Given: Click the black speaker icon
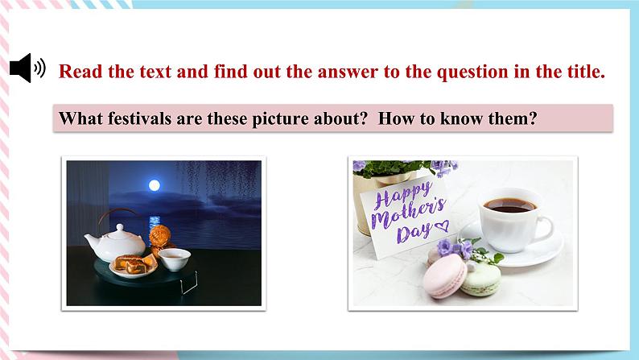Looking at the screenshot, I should coord(27,68).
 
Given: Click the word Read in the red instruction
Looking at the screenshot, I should coord(81,71).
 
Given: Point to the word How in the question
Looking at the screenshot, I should coord(395,118).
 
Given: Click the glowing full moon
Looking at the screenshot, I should coord(152,185).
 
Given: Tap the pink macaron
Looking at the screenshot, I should coord(444,275).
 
